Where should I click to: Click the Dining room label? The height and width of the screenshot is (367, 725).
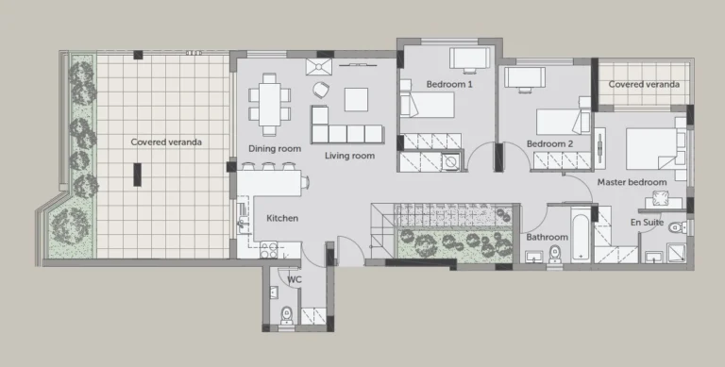pos(275,148)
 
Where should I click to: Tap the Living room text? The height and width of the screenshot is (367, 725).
pos(349,156)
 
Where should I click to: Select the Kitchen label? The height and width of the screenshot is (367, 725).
pos(282,218)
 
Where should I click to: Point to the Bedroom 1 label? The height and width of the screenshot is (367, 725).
pos(449,84)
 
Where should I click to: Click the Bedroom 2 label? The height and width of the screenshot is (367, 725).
pos(549,143)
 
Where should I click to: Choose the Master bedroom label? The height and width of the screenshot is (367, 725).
pos(632,182)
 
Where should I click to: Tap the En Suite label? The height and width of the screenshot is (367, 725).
pos(648,223)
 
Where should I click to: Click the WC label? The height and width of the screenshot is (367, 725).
pos(295,279)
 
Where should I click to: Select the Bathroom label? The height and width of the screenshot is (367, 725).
pos(547,237)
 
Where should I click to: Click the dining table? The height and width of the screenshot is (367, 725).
pos(270,104)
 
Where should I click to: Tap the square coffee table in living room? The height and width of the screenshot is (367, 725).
pos(356,99)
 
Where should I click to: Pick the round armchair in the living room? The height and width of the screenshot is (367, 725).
pos(321,90)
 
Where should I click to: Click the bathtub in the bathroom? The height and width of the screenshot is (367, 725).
pos(581,234)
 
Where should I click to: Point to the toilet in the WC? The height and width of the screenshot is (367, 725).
pos(287,315)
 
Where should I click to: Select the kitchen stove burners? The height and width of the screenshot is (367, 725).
pos(269,250)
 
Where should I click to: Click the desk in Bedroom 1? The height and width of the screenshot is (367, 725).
pos(469,58)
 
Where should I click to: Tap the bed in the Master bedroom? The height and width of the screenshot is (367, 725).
pos(651,149)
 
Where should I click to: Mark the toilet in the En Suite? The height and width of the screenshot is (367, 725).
pos(679,227)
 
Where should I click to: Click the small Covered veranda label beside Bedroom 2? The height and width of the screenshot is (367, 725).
pos(644,84)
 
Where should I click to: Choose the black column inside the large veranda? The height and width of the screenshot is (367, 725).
pos(137,175)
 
